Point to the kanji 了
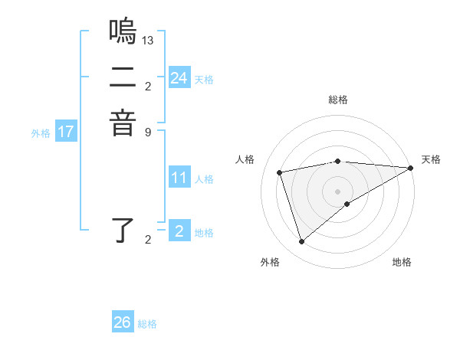[123, 232]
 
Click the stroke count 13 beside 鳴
[149, 40]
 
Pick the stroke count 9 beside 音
[148, 131]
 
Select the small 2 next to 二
[148, 85]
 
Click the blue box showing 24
[179, 78]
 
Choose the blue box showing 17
[66, 133]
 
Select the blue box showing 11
[179, 178]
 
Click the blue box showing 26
[123, 322]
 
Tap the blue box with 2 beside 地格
[179, 231]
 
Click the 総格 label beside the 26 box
[147, 324]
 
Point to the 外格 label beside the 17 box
[41, 133]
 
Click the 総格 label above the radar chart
[338, 100]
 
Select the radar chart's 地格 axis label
[402, 262]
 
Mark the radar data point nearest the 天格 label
[411, 169]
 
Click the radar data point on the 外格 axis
[301, 242]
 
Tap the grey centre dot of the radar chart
[338, 191]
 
